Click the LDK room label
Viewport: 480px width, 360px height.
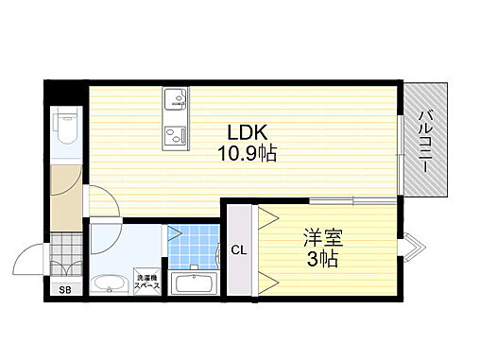click(248, 132)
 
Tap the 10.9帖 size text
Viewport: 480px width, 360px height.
click(248, 153)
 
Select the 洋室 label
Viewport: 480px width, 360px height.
click(323, 237)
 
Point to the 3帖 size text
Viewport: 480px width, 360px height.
click(322, 259)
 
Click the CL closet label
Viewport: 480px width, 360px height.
click(239, 250)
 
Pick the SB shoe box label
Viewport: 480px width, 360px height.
click(65, 290)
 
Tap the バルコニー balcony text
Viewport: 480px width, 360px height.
click(426, 141)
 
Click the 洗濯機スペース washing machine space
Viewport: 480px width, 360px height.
click(147, 282)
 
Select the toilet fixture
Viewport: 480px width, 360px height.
click(65, 129)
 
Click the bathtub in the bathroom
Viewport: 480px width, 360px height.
click(193, 283)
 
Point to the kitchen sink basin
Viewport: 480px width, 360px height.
click(175, 98)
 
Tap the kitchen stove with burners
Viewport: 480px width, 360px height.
click(175, 135)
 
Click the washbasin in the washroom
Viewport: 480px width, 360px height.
click(110, 284)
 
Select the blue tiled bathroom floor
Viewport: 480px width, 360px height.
click(194, 247)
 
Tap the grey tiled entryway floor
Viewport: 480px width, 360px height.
click(66, 254)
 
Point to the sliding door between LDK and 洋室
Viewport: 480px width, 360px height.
click(352, 200)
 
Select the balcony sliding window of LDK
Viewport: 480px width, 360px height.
click(400, 155)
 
